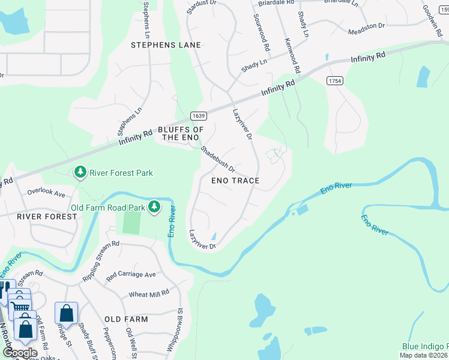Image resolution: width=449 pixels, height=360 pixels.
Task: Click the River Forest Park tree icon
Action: point(80,173)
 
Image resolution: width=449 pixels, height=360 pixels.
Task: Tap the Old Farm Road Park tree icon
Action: point(155,207)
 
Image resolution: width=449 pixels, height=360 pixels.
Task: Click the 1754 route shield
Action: point(335,80)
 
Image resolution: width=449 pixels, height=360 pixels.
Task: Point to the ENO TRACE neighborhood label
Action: point(235,181)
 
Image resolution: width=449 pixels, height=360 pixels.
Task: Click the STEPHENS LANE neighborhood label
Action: point(166,45)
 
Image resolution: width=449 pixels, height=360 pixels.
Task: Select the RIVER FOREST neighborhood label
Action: point(47,216)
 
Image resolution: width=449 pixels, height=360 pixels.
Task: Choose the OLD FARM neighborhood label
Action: point(126,319)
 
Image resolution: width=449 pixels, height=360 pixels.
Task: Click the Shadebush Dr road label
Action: point(217,159)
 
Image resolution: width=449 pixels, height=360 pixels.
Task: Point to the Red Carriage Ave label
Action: point(131,275)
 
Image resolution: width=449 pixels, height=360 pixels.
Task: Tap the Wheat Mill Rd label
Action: point(149,295)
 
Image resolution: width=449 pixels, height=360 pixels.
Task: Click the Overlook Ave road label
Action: point(46,193)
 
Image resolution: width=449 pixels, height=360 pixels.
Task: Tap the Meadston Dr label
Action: point(367,26)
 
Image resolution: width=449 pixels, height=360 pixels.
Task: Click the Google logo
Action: point(20,353)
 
